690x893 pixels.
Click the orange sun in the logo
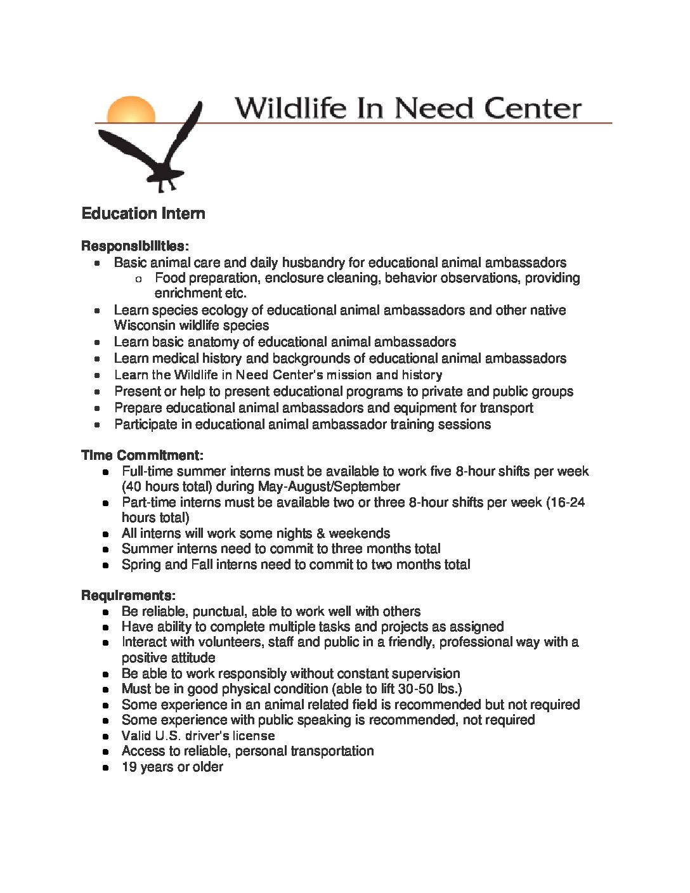[x=131, y=108]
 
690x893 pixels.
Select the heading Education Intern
[x=143, y=214]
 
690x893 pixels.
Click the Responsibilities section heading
[x=134, y=246]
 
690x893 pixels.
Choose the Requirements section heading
[x=128, y=596]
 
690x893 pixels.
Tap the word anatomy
[x=235, y=342]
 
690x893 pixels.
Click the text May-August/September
[x=329, y=486]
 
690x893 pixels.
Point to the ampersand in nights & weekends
[x=320, y=533]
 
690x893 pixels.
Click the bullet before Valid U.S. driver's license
[x=108, y=736]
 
